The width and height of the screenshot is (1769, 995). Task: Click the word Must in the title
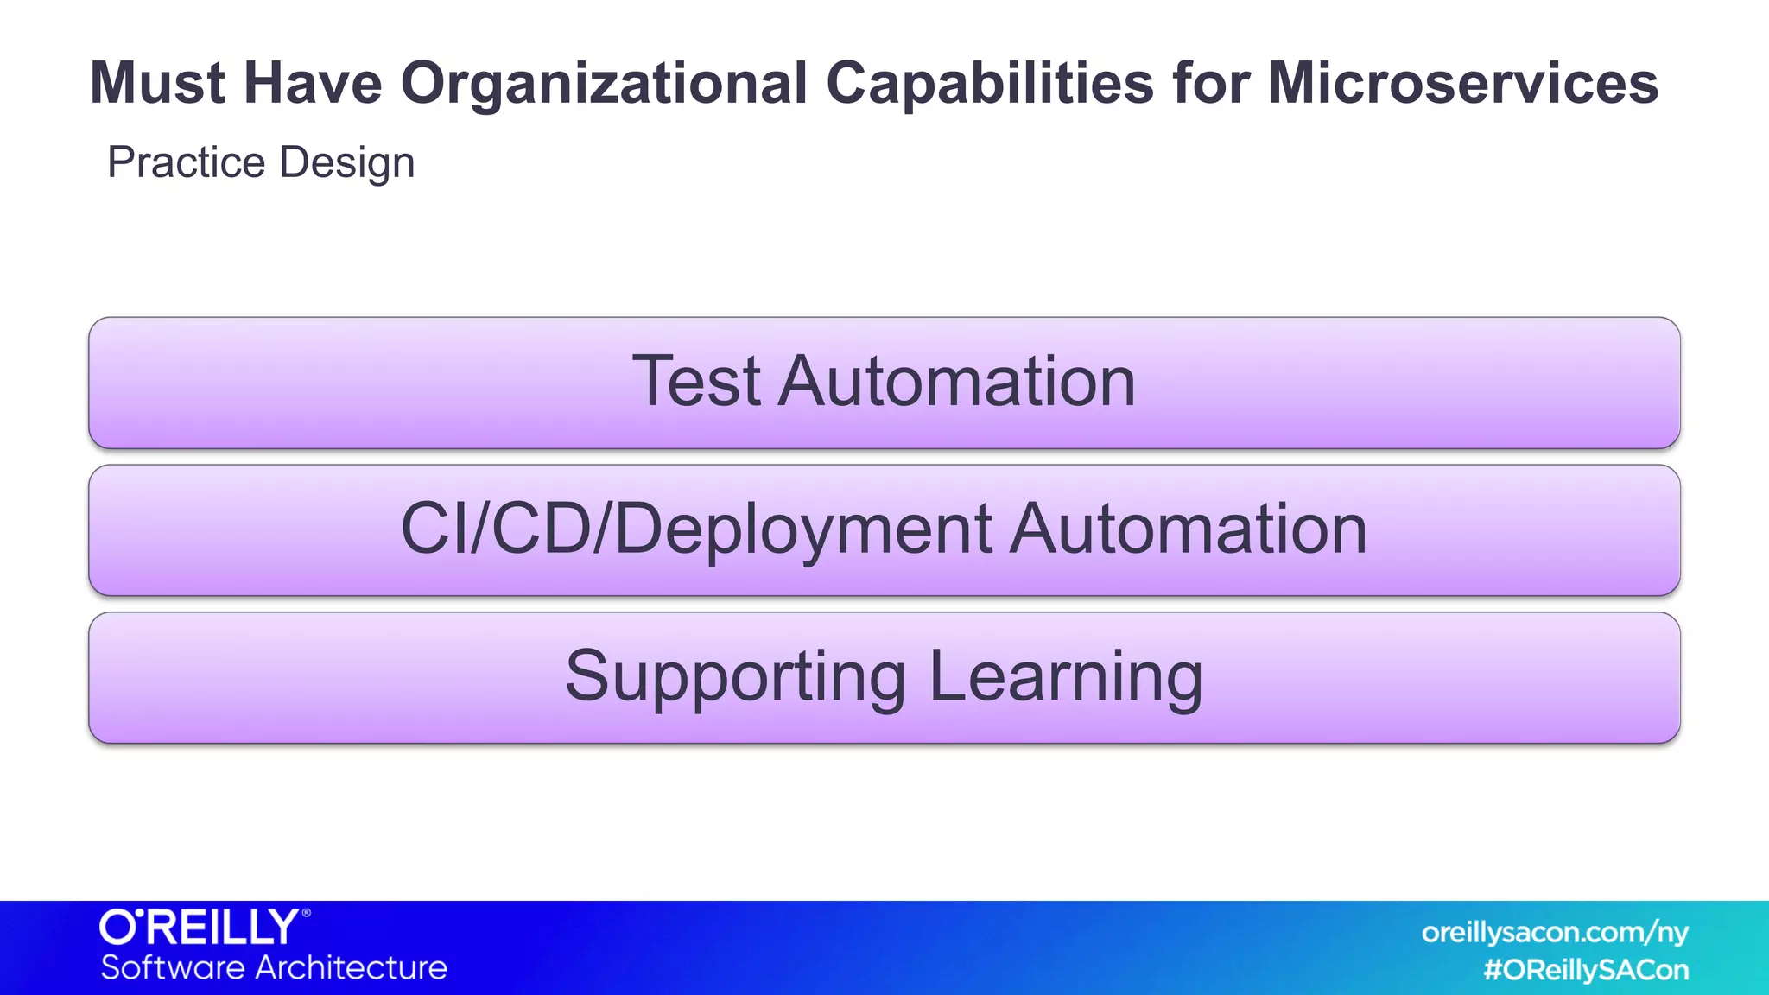[x=157, y=84]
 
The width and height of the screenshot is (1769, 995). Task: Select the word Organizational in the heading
[x=603, y=84]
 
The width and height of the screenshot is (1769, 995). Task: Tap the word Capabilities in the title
[x=989, y=84]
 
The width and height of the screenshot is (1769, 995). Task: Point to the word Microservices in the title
[x=1462, y=84]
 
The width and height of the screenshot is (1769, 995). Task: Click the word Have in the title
[x=312, y=84]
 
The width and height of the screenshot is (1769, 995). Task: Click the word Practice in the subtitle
[x=186, y=162]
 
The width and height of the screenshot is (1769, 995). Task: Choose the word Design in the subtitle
[x=347, y=162]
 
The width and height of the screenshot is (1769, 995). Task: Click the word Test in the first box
[x=696, y=381]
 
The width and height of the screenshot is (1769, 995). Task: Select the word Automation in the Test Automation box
[x=956, y=381]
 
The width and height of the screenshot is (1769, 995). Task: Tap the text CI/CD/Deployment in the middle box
[x=696, y=529]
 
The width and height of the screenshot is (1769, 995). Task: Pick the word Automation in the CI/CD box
[x=1189, y=529]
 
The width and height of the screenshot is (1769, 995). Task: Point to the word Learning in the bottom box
[x=1066, y=676]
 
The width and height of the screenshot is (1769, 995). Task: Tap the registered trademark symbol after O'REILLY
[x=306, y=913]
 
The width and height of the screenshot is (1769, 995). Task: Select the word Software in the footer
[x=173, y=967]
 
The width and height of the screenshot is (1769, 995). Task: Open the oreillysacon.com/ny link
[x=1555, y=933]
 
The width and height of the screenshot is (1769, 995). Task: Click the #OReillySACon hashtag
[x=1586, y=970]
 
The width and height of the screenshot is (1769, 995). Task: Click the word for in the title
[x=1209, y=84]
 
